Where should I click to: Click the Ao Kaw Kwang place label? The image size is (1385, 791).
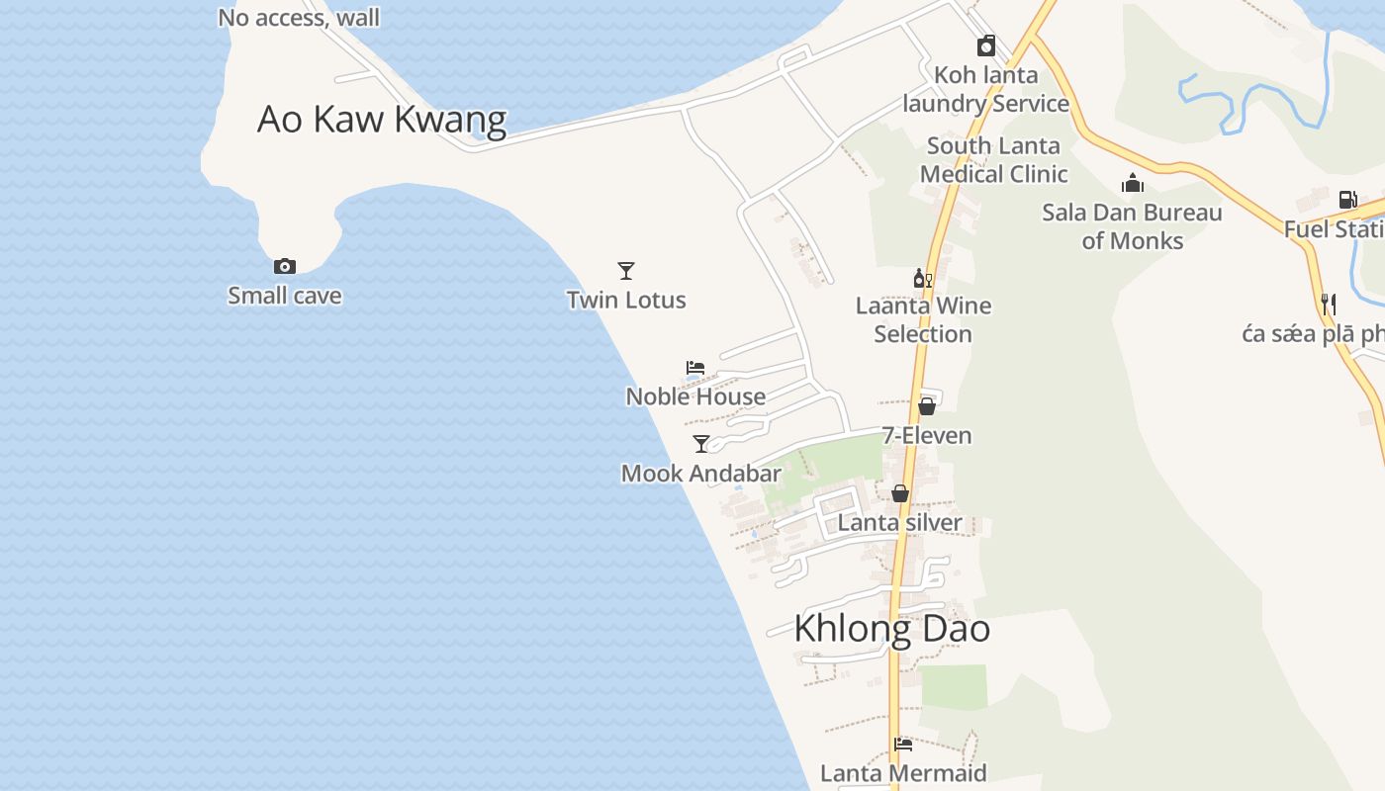(x=382, y=119)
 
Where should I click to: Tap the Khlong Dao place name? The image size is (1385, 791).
(x=891, y=629)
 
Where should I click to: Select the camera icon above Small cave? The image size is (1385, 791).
(x=285, y=266)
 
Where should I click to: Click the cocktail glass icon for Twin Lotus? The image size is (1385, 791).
(x=625, y=270)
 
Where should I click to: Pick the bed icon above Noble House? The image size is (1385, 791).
(x=695, y=368)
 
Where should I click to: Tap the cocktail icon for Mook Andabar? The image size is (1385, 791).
(x=701, y=444)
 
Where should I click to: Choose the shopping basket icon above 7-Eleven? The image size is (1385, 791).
(x=927, y=405)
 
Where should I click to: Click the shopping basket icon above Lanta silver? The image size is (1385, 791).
(x=900, y=492)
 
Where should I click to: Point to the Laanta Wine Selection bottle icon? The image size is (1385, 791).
(x=922, y=279)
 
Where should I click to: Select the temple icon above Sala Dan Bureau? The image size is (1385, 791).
(x=1133, y=183)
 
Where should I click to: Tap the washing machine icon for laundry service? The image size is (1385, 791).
(x=986, y=45)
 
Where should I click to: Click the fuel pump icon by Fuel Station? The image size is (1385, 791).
(x=1346, y=200)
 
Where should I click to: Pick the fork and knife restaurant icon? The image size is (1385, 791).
(x=1329, y=304)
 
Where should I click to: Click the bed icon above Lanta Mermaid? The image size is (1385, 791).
(x=902, y=745)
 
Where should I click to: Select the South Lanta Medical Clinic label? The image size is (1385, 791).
(x=993, y=160)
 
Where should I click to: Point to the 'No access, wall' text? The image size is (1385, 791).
(x=299, y=18)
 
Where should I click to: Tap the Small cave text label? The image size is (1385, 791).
(x=285, y=296)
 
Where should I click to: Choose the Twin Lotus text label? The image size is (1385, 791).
(x=626, y=301)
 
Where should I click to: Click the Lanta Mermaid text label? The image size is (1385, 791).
(x=903, y=773)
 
